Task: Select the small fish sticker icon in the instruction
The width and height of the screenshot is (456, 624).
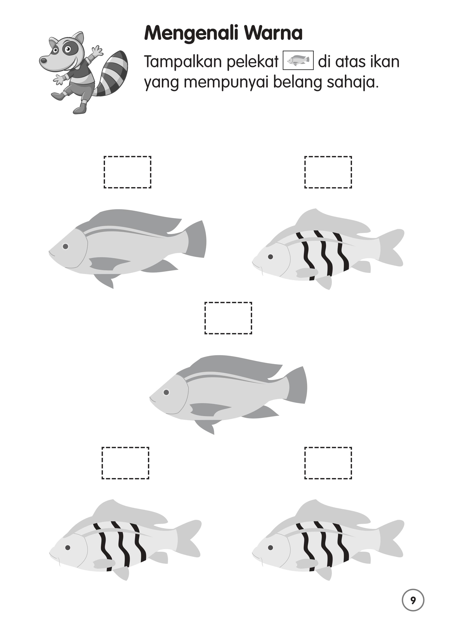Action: pyautogui.click(x=298, y=60)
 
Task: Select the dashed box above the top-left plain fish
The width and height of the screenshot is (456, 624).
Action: pyautogui.click(x=128, y=172)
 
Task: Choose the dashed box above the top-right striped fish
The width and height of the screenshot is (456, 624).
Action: pyautogui.click(x=328, y=172)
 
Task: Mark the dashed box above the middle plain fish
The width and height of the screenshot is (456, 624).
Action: pyautogui.click(x=228, y=318)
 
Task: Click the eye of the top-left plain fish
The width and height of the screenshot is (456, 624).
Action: pyautogui.click(x=65, y=246)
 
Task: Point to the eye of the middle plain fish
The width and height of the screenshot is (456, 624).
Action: pyautogui.click(x=166, y=392)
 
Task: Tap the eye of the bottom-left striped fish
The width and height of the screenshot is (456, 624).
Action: pyautogui.click(x=68, y=548)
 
